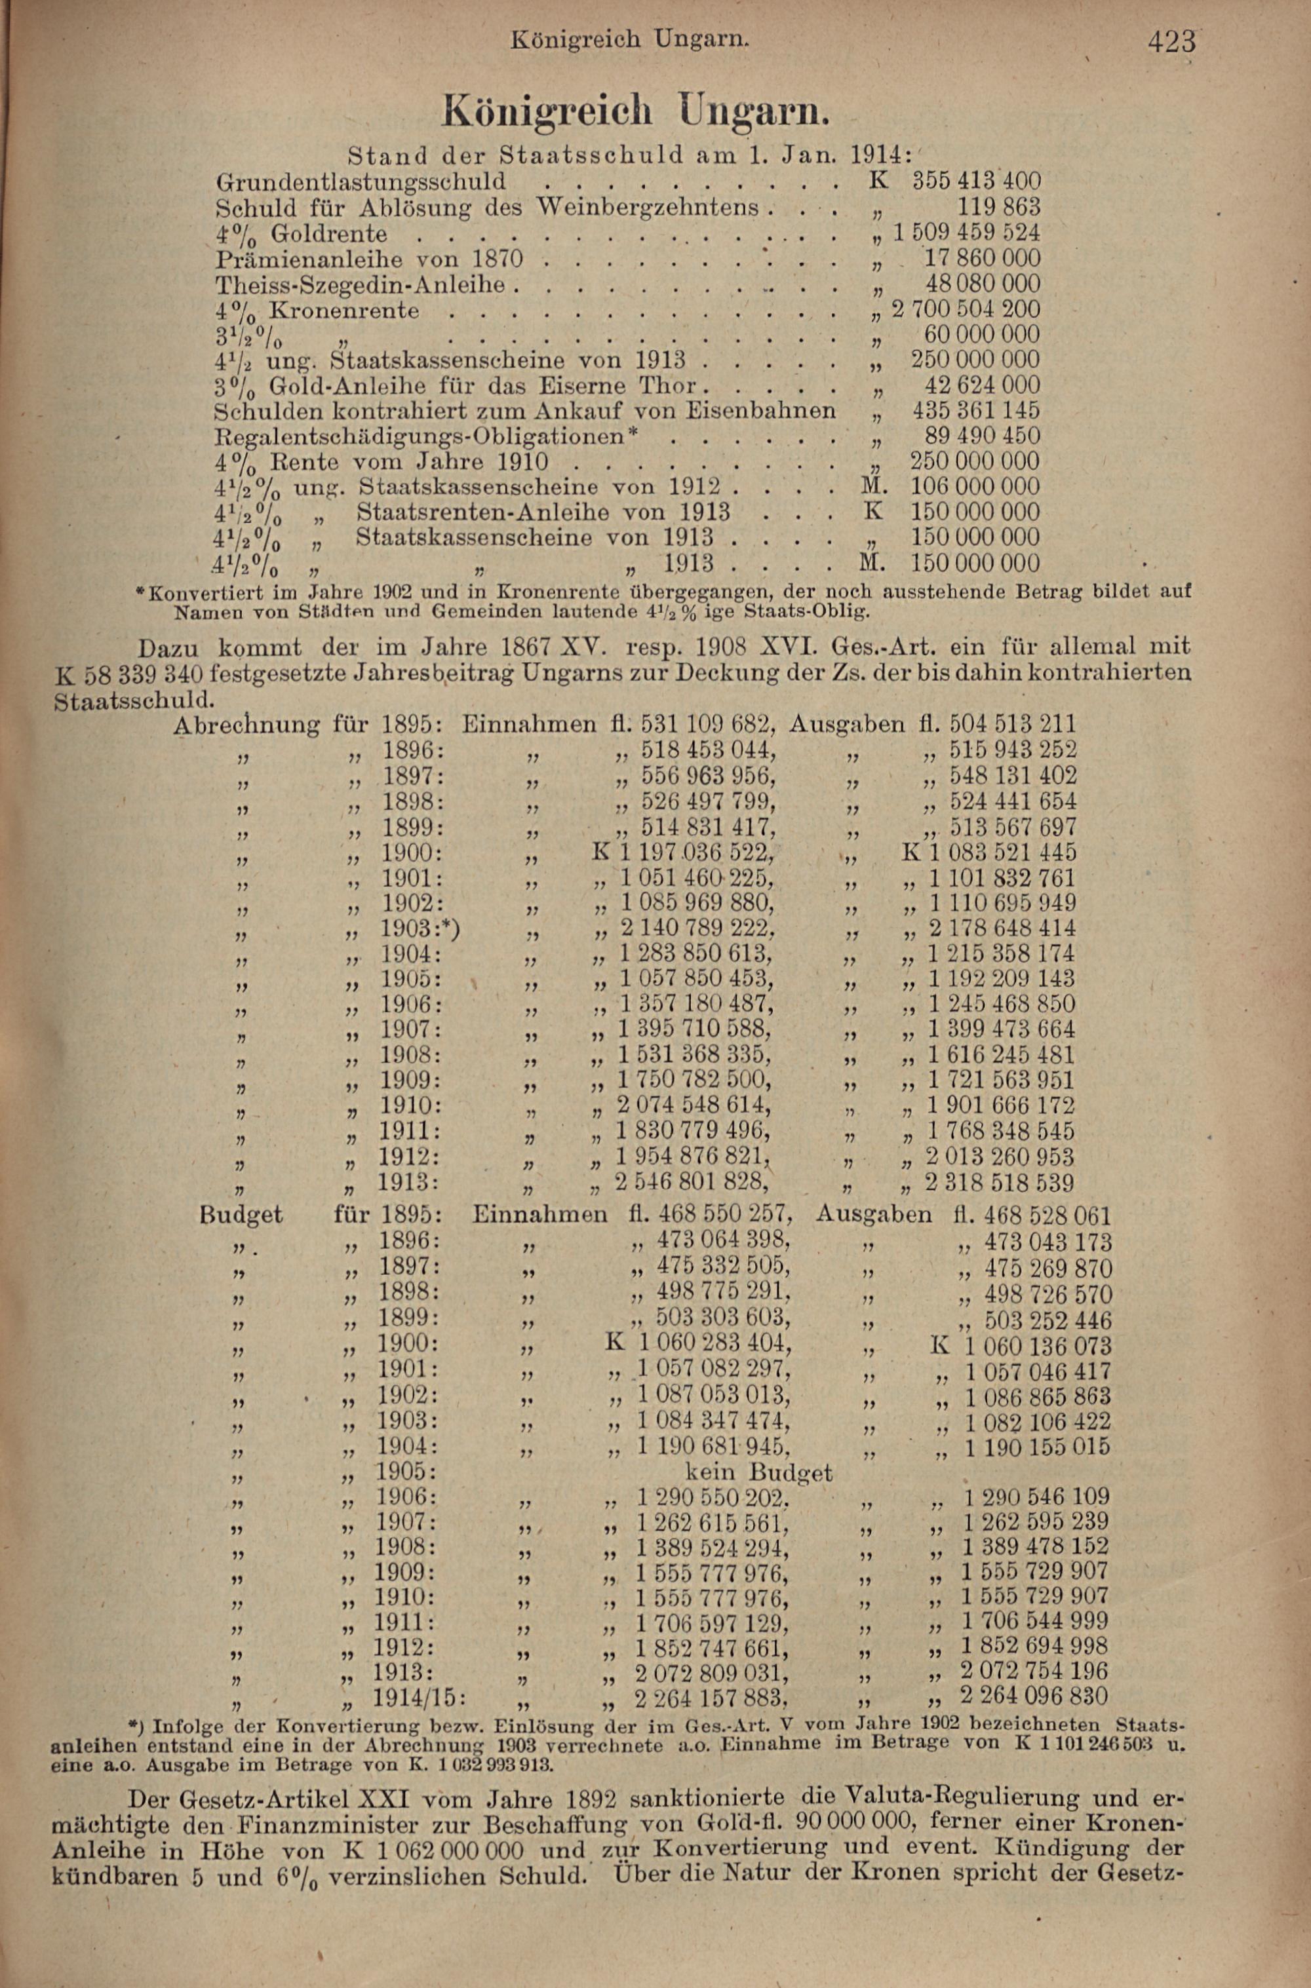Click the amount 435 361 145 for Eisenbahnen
976,411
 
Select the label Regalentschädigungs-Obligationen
421,437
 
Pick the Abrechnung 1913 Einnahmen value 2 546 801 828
692,1183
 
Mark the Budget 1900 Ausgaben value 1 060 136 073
1038,1347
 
